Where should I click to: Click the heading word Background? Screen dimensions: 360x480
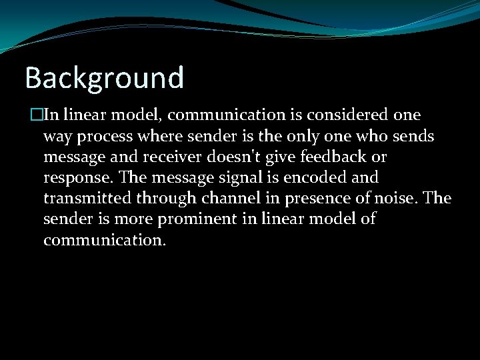click(x=104, y=78)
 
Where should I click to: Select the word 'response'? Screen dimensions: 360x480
click(x=75, y=179)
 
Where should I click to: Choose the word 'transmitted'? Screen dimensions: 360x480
click(x=85, y=199)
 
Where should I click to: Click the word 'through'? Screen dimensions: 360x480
click(x=163, y=199)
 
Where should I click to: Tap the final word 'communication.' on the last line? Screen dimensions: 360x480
click(x=104, y=240)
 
